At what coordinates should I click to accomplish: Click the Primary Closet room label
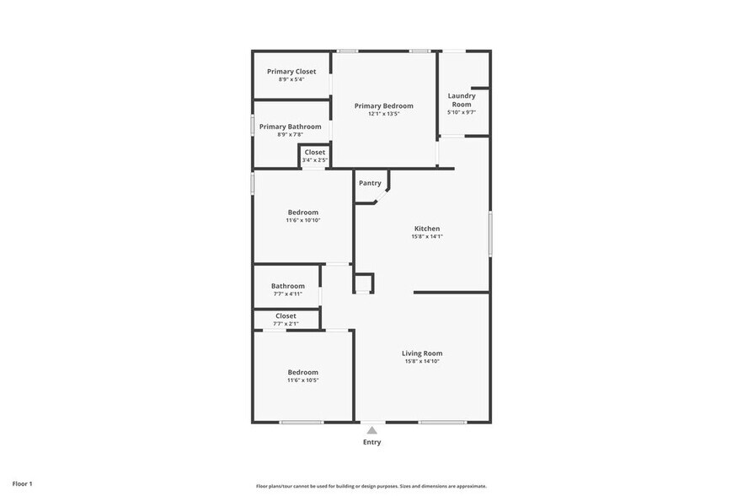click(291, 72)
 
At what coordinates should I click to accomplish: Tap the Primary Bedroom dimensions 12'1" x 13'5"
click(383, 114)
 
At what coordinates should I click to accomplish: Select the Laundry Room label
click(461, 100)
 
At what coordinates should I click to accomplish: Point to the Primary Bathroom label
click(290, 127)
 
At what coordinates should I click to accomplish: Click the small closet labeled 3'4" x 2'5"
click(314, 155)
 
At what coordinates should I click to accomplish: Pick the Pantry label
click(370, 183)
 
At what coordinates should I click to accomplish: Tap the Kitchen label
click(426, 229)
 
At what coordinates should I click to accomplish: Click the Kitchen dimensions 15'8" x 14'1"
click(426, 236)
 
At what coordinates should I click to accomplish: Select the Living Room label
click(421, 353)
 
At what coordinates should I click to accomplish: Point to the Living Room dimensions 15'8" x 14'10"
click(421, 361)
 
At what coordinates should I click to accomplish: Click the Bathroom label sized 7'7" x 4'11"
click(287, 286)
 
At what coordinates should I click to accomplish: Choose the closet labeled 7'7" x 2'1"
click(286, 319)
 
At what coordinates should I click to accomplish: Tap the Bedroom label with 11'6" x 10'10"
click(302, 212)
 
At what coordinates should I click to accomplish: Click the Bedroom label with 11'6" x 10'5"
click(302, 372)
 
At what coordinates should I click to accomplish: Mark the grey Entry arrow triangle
click(371, 429)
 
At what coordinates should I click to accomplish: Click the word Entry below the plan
click(371, 442)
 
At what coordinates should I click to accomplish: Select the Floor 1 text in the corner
click(23, 484)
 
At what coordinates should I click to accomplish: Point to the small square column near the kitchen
click(363, 283)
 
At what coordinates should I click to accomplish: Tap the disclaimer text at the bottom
click(371, 486)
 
